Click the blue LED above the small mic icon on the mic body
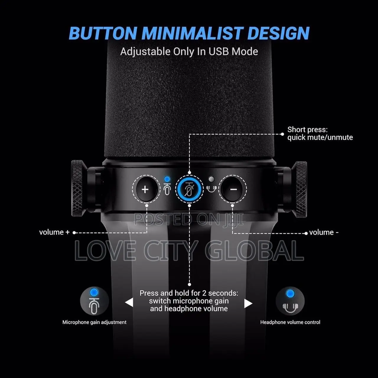tap(167, 179)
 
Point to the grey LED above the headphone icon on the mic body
tap(211, 179)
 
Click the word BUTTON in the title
tap(103, 33)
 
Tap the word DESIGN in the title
tap(278, 33)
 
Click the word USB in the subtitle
tap(219, 52)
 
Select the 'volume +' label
tap(54, 232)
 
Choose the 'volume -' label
tap(324, 232)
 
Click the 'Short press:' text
tap(307, 130)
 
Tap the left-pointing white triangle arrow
tap(129, 302)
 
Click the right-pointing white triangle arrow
tap(248, 304)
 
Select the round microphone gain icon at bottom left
tap(94, 301)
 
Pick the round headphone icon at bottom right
tap(290, 301)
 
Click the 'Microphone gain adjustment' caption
tap(94, 322)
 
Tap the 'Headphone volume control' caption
tap(290, 322)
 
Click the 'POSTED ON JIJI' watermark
tap(189, 219)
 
